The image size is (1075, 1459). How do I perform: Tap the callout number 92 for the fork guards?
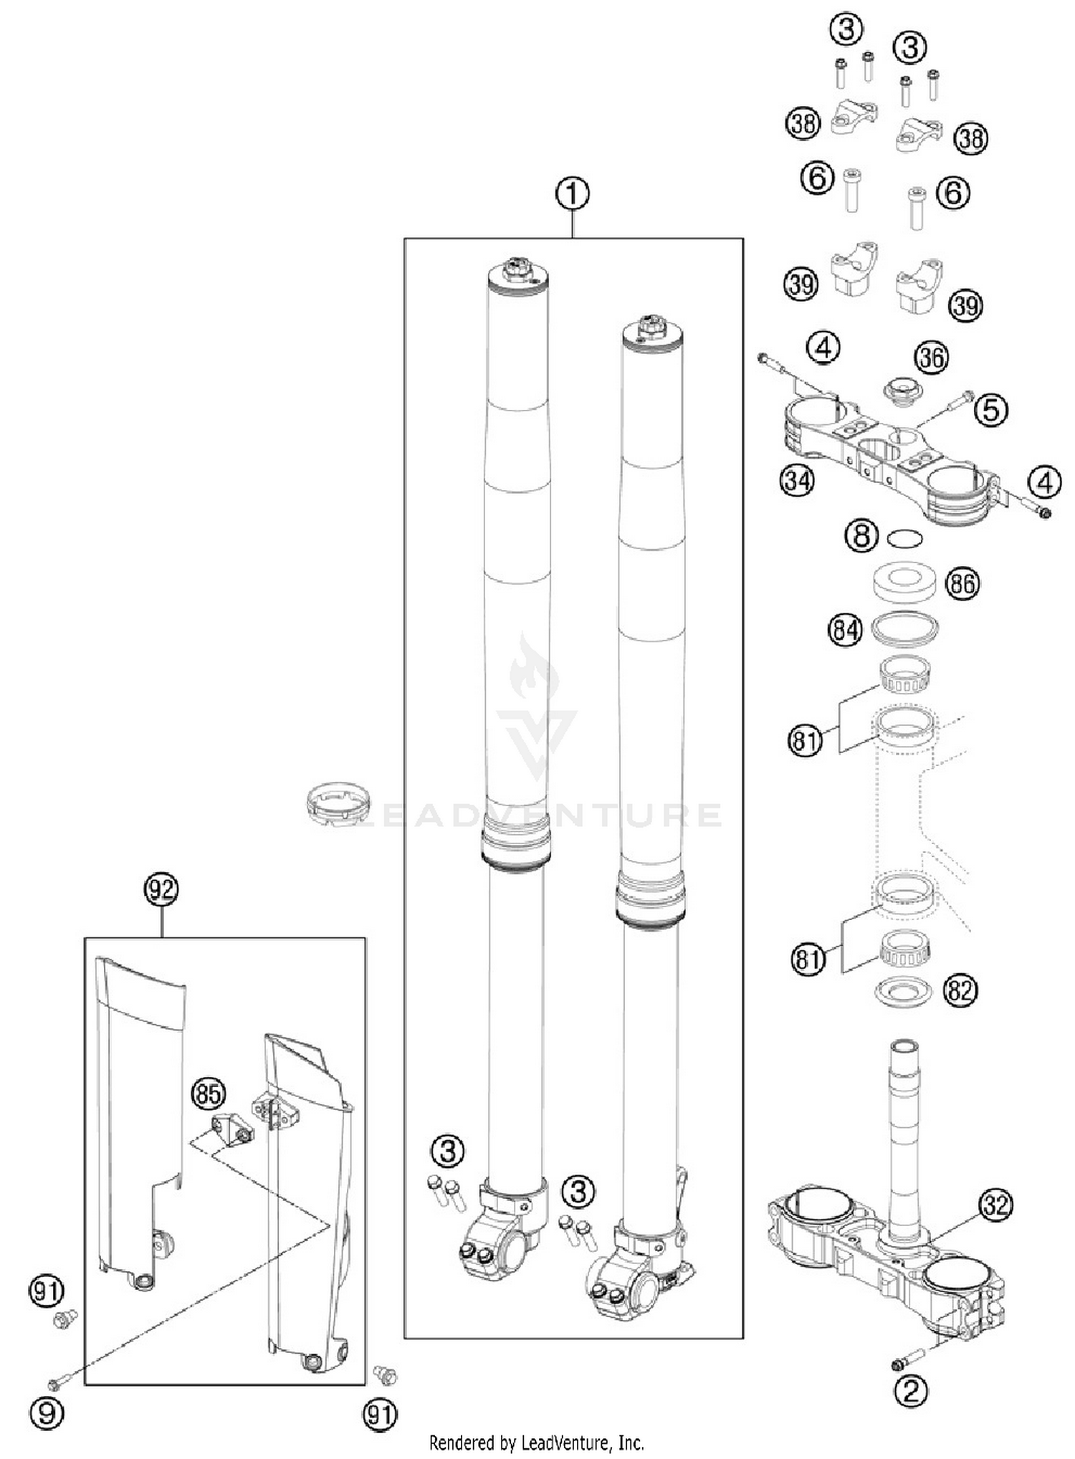(x=161, y=889)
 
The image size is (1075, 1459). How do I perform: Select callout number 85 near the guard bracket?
(x=208, y=1094)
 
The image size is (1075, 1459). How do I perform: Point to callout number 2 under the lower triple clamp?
(x=911, y=1391)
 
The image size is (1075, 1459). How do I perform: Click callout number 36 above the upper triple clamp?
(x=932, y=357)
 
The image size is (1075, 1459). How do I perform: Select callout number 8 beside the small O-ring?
(x=861, y=535)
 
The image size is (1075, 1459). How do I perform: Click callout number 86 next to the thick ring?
(x=962, y=583)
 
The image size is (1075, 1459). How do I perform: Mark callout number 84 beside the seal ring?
(x=845, y=631)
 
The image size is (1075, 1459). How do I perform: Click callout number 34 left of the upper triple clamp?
(x=797, y=480)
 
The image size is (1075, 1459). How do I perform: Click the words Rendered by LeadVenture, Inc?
(x=536, y=1442)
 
